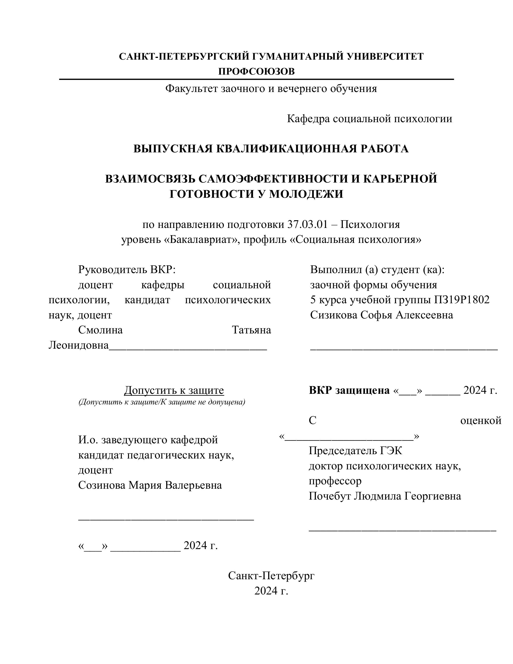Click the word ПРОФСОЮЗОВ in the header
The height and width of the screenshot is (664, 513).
(256, 71)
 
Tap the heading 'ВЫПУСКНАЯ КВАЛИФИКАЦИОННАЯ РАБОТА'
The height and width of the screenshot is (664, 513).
(271, 149)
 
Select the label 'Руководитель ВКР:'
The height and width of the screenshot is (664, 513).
(127, 269)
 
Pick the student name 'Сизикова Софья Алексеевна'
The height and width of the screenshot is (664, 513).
(381, 315)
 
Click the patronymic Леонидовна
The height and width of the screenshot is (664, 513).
(78, 345)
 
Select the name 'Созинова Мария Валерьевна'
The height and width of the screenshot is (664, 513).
(150, 485)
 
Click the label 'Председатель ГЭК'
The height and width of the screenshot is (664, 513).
(355, 451)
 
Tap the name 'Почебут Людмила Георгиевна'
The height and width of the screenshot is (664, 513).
(385, 496)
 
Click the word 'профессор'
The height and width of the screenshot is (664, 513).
(335, 481)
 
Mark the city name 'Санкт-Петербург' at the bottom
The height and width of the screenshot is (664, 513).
(271, 576)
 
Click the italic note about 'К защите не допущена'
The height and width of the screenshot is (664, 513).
(162, 402)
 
